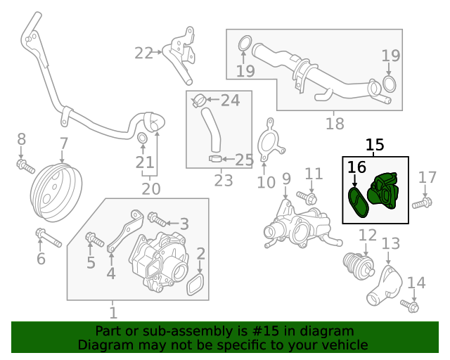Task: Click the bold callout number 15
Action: coord(375,145)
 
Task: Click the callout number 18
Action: coord(335,124)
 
